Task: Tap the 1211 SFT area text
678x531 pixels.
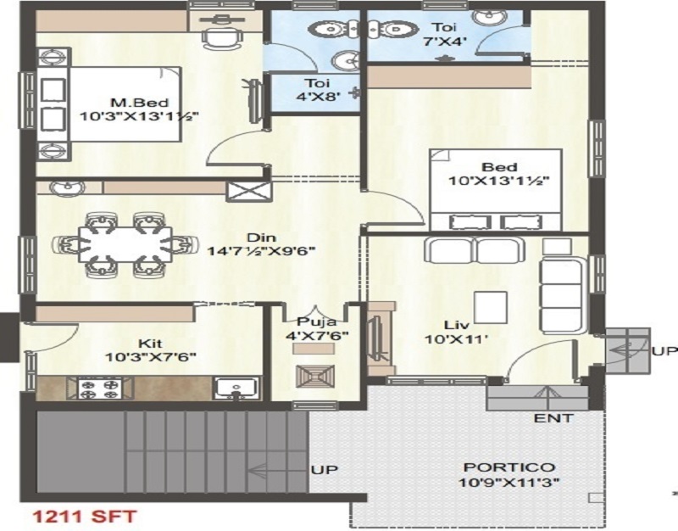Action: point(85,517)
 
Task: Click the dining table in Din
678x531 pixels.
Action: point(125,244)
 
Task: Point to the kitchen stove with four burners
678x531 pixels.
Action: point(101,388)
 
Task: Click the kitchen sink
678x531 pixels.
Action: point(236,388)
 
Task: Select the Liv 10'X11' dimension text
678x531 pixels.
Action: point(456,338)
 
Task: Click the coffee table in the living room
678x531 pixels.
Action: point(491,307)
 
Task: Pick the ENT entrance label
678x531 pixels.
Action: point(553,418)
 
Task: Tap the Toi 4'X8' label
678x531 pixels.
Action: point(318,90)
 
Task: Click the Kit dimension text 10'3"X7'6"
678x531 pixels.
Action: point(151,357)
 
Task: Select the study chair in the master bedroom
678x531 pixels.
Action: point(222,37)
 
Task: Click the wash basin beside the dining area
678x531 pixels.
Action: point(68,187)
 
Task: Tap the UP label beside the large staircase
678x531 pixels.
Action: point(325,470)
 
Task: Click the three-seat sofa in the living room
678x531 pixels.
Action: point(562,295)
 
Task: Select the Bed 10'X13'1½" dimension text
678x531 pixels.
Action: point(498,181)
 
